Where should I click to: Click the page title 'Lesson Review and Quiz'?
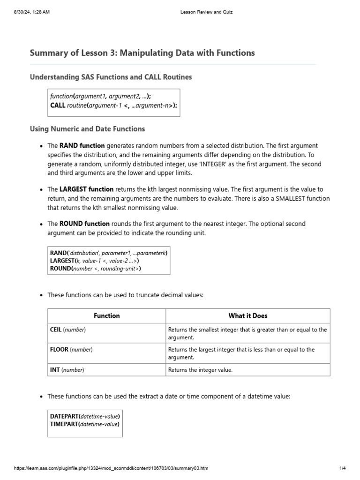click(206, 12)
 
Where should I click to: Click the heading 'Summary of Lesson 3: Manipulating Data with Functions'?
click(142, 53)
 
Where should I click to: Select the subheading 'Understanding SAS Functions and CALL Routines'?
click(111, 77)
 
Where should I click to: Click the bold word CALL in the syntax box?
click(58, 105)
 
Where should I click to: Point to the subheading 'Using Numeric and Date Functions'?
click(87, 128)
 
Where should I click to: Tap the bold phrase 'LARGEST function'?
click(86, 189)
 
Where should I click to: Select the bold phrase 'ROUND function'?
click(84, 224)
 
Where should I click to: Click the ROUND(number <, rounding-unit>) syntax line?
click(95, 269)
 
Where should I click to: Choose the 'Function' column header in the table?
click(106, 316)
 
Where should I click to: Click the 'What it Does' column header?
click(247, 316)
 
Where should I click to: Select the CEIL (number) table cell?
click(68, 330)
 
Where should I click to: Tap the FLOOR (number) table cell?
click(71, 350)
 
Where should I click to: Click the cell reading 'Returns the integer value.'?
click(200, 370)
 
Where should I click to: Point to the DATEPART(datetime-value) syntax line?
click(85, 416)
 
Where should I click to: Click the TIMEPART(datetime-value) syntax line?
click(84, 424)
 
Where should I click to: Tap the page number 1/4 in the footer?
click(342, 468)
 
